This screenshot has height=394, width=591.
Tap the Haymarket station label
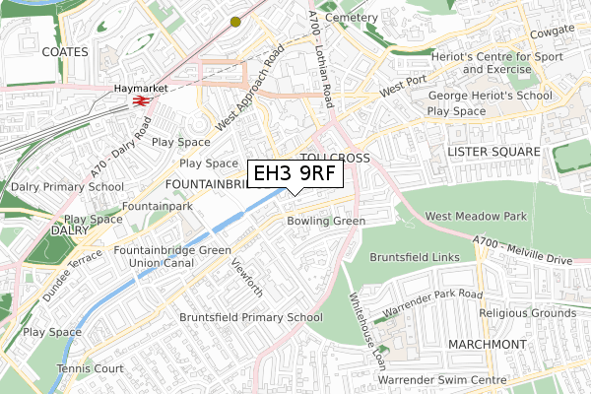(136, 88)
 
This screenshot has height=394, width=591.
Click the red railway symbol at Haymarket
(141, 100)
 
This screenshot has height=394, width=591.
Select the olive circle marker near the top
(235, 21)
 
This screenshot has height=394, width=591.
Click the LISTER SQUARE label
(493, 152)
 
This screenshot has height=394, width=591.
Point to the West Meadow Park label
(476, 216)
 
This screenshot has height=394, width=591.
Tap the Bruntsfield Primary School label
(250, 317)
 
